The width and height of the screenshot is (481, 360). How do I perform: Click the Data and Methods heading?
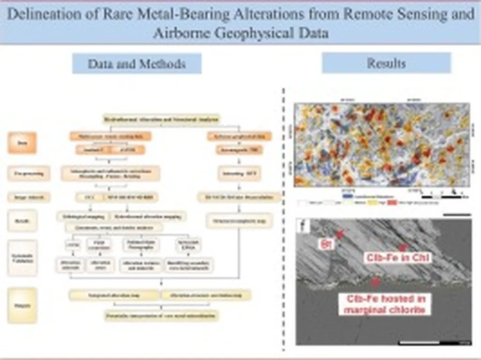[x=137, y=64]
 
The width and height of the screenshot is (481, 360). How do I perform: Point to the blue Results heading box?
[x=386, y=63]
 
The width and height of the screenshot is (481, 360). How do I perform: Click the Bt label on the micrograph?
[x=326, y=244]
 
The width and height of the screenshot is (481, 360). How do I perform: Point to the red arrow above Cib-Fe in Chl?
[x=402, y=246]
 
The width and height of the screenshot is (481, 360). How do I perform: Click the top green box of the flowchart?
[x=161, y=120]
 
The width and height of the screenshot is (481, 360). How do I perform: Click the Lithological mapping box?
[x=83, y=216]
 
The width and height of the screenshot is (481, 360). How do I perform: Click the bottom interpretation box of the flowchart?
[x=161, y=315]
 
